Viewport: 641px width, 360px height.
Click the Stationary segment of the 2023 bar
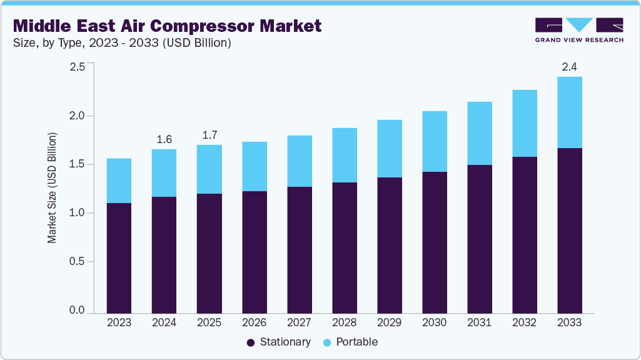click(119, 257)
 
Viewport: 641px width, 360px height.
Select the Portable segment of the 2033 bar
click(569, 112)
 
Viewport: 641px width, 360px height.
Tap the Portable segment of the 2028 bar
click(344, 155)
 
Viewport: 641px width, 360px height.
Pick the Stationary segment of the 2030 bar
click(434, 242)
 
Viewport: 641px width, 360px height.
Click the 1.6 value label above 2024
click(164, 139)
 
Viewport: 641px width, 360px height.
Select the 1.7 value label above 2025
click(209, 135)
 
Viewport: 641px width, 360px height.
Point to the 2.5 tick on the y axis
click(77, 67)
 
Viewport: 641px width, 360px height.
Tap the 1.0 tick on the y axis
click(77, 213)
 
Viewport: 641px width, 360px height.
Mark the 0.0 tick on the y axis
click(77, 311)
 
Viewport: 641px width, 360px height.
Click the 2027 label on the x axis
click(299, 323)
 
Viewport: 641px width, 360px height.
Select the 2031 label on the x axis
click(479, 323)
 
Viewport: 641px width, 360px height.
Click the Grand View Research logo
click(579, 30)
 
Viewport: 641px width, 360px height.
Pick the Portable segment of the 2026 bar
click(254, 166)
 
